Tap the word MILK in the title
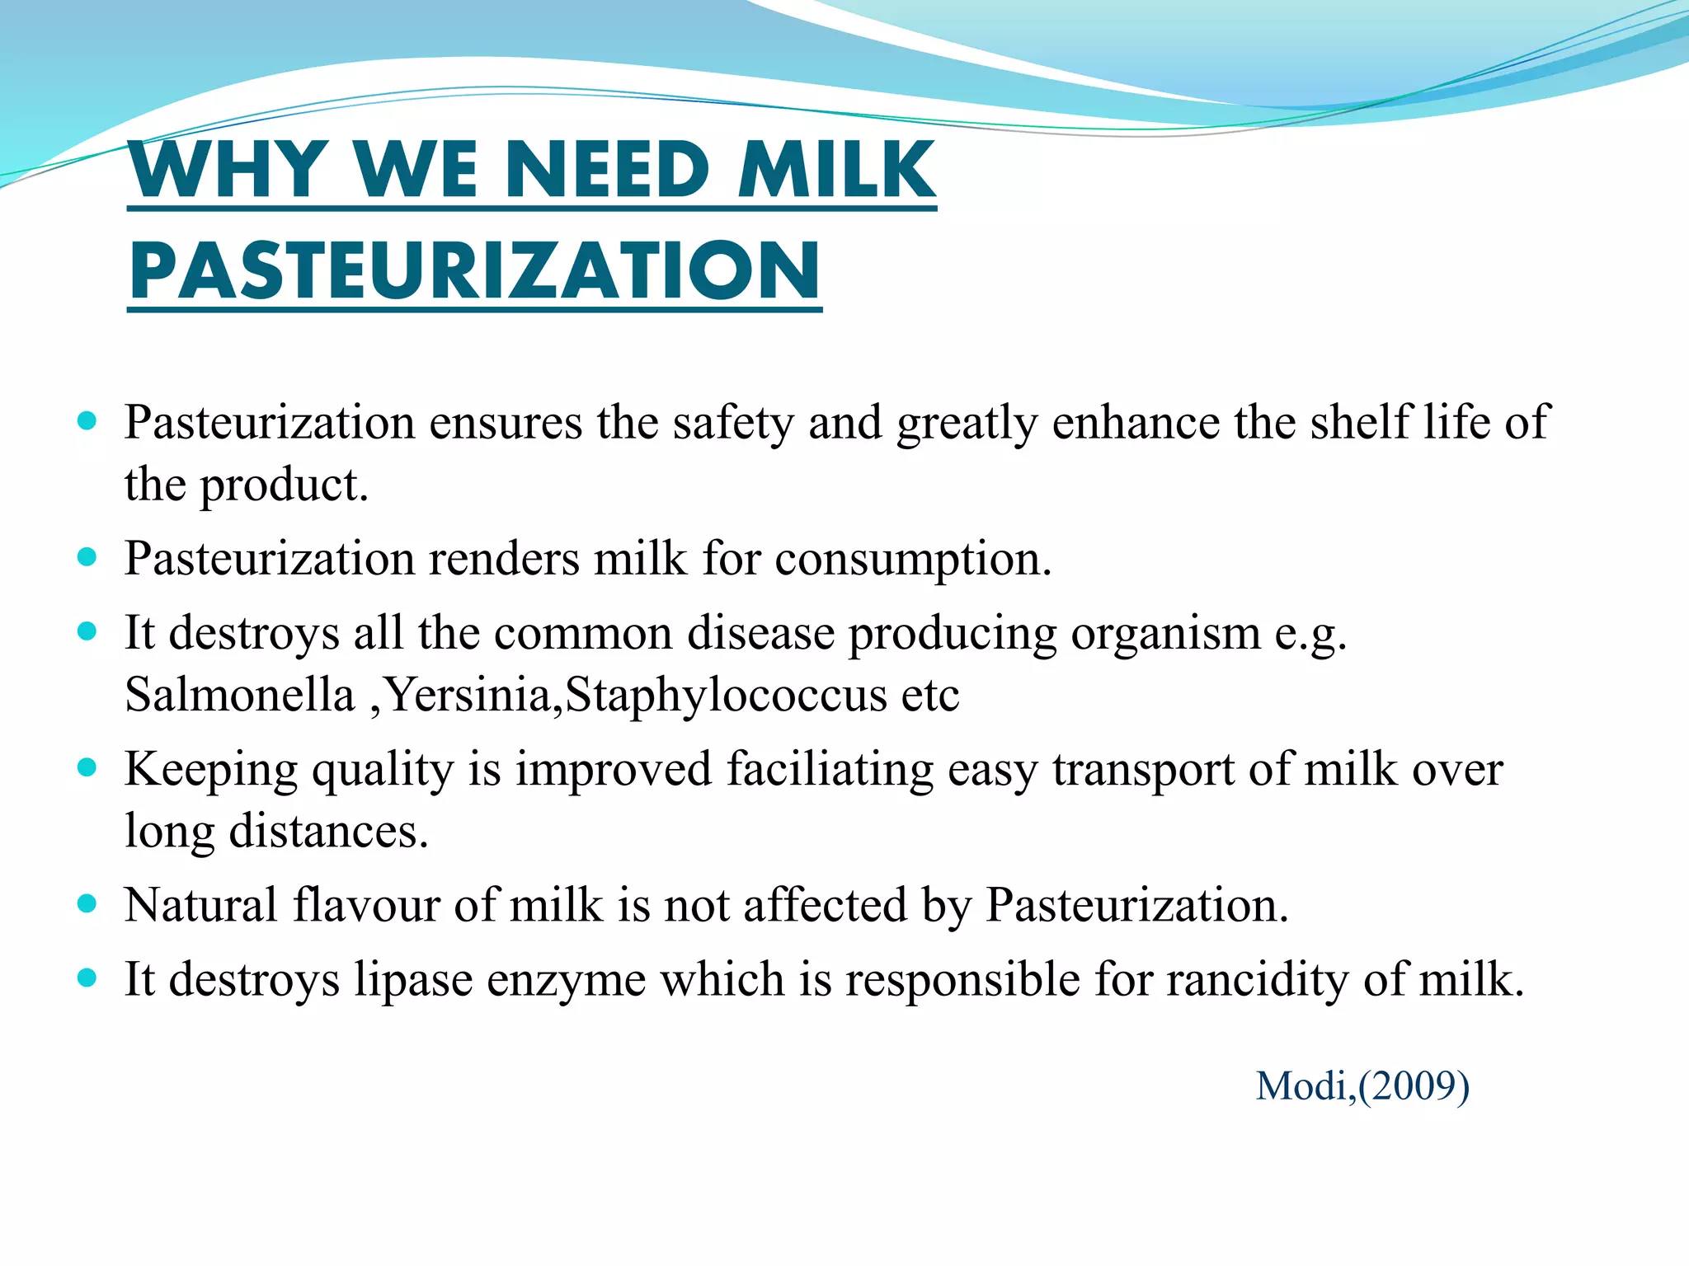(836, 170)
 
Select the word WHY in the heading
(228, 170)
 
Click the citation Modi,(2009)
(1362, 1085)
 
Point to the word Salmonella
(239, 695)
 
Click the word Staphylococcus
(726, 695)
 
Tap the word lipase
(413, 979)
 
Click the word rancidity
(1257, 979)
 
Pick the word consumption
(913, 559)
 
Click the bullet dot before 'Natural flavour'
(87, 904)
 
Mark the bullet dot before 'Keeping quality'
(87, 768)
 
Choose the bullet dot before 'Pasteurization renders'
(87, 558)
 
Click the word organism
(1165, 633)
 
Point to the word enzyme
(566, 979)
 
